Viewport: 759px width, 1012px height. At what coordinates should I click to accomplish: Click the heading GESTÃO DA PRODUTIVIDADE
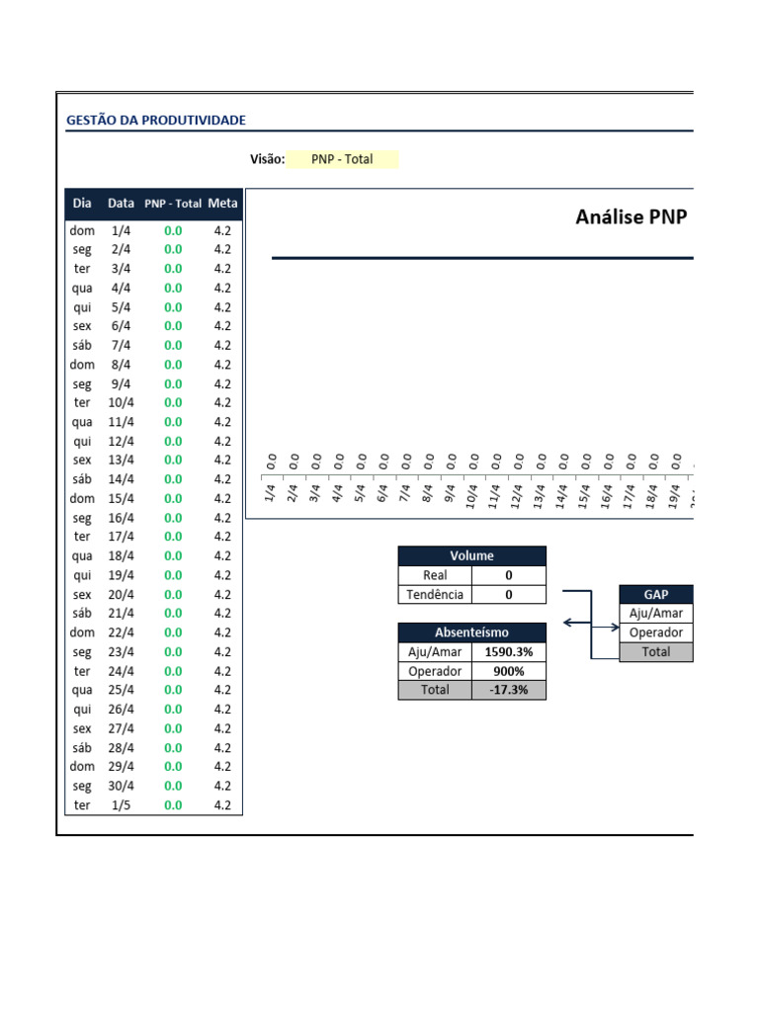point(156,120)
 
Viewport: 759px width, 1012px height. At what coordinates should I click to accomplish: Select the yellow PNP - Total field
point(342,159)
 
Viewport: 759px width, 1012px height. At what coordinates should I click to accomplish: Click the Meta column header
point(222,204)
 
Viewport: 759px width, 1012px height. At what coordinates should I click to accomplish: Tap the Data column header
point(121,204)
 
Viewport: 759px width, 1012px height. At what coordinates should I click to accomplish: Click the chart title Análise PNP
point(632,216)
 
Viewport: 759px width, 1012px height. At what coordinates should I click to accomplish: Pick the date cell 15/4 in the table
point(121,498)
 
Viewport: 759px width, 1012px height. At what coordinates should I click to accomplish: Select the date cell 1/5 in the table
point(121,804)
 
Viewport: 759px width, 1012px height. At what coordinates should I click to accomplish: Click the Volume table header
point(471,555)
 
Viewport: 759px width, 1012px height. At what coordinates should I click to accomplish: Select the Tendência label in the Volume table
point(435,594)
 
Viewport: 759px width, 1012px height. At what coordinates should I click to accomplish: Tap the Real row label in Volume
point(435,575)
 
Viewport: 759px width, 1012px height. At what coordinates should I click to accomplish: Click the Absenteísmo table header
point(471,632)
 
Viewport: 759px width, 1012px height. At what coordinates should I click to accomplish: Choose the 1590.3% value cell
point(509,652)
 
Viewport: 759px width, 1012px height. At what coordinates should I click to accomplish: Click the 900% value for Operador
point(509,671)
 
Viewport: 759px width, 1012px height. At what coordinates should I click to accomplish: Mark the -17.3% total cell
point(509,690)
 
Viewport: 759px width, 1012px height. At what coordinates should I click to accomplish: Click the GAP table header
point(656,594)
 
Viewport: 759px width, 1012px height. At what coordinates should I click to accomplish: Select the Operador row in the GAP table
point(656,632)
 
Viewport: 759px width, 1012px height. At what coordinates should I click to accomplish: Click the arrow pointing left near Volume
point(577,623)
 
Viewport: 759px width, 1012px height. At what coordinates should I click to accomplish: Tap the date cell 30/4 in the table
point(121,786)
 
